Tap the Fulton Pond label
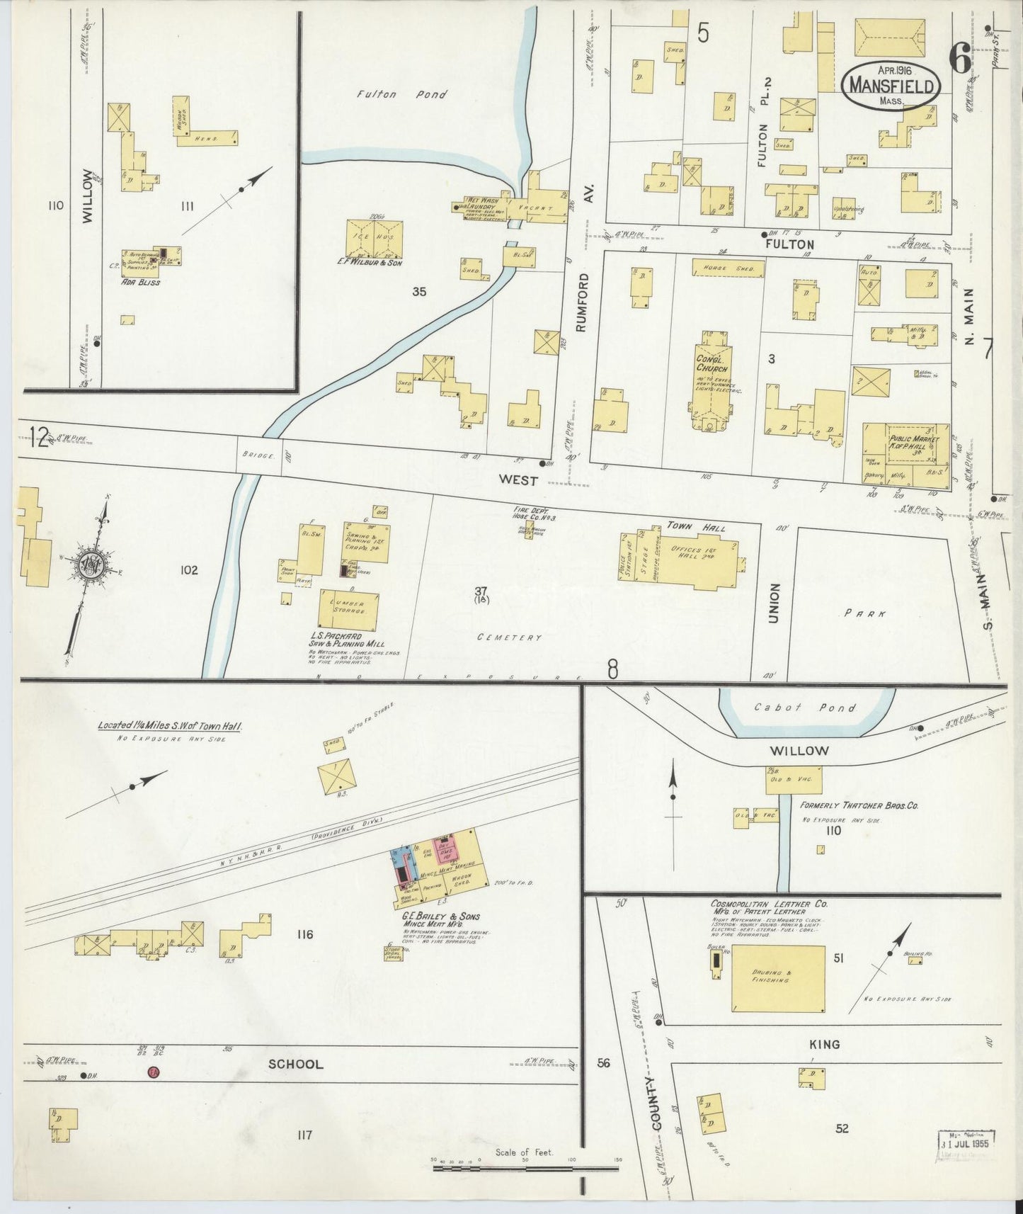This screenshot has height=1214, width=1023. click(401, 94)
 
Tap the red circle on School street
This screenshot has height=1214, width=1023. click(152, 1073)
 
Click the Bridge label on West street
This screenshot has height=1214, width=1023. click(256, 456)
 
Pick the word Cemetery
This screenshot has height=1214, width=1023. click(509, 637)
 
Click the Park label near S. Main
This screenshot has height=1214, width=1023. click(864, 614)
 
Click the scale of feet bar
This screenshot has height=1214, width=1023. click(525, 1168)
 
